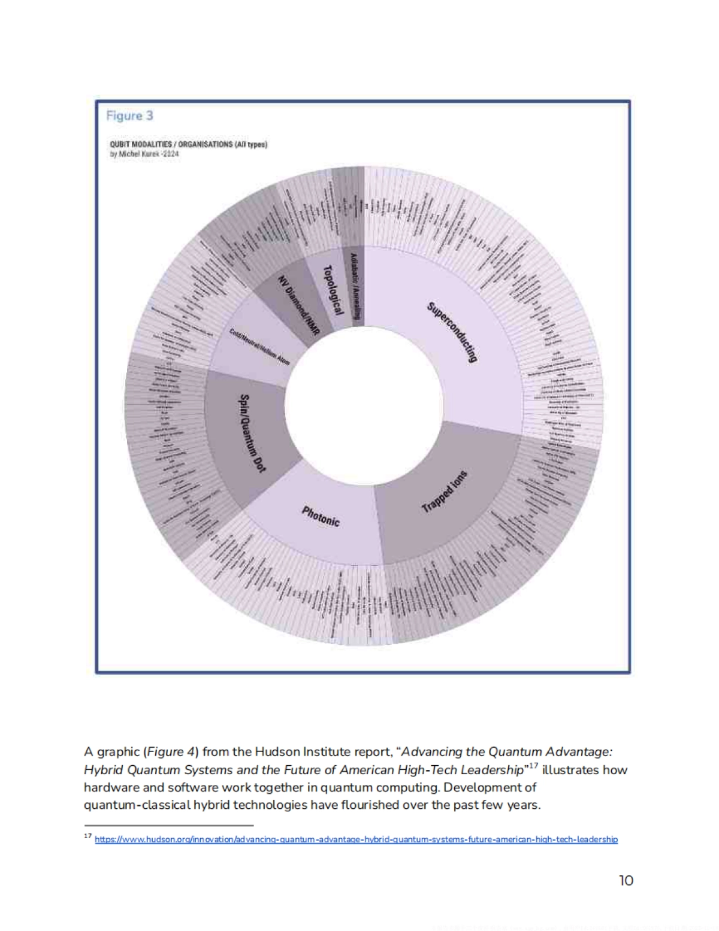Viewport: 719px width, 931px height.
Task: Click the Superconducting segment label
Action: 453,332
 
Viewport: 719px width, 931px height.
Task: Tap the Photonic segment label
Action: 321,516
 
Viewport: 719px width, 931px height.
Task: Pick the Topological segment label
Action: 332,290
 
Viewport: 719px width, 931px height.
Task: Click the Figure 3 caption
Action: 129,116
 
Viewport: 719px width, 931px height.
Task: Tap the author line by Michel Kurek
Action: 144,154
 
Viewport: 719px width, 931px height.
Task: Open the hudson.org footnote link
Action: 356,839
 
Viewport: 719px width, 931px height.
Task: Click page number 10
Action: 626,880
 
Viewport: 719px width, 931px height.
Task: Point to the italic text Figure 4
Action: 166,751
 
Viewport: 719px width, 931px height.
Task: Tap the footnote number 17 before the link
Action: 87,836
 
